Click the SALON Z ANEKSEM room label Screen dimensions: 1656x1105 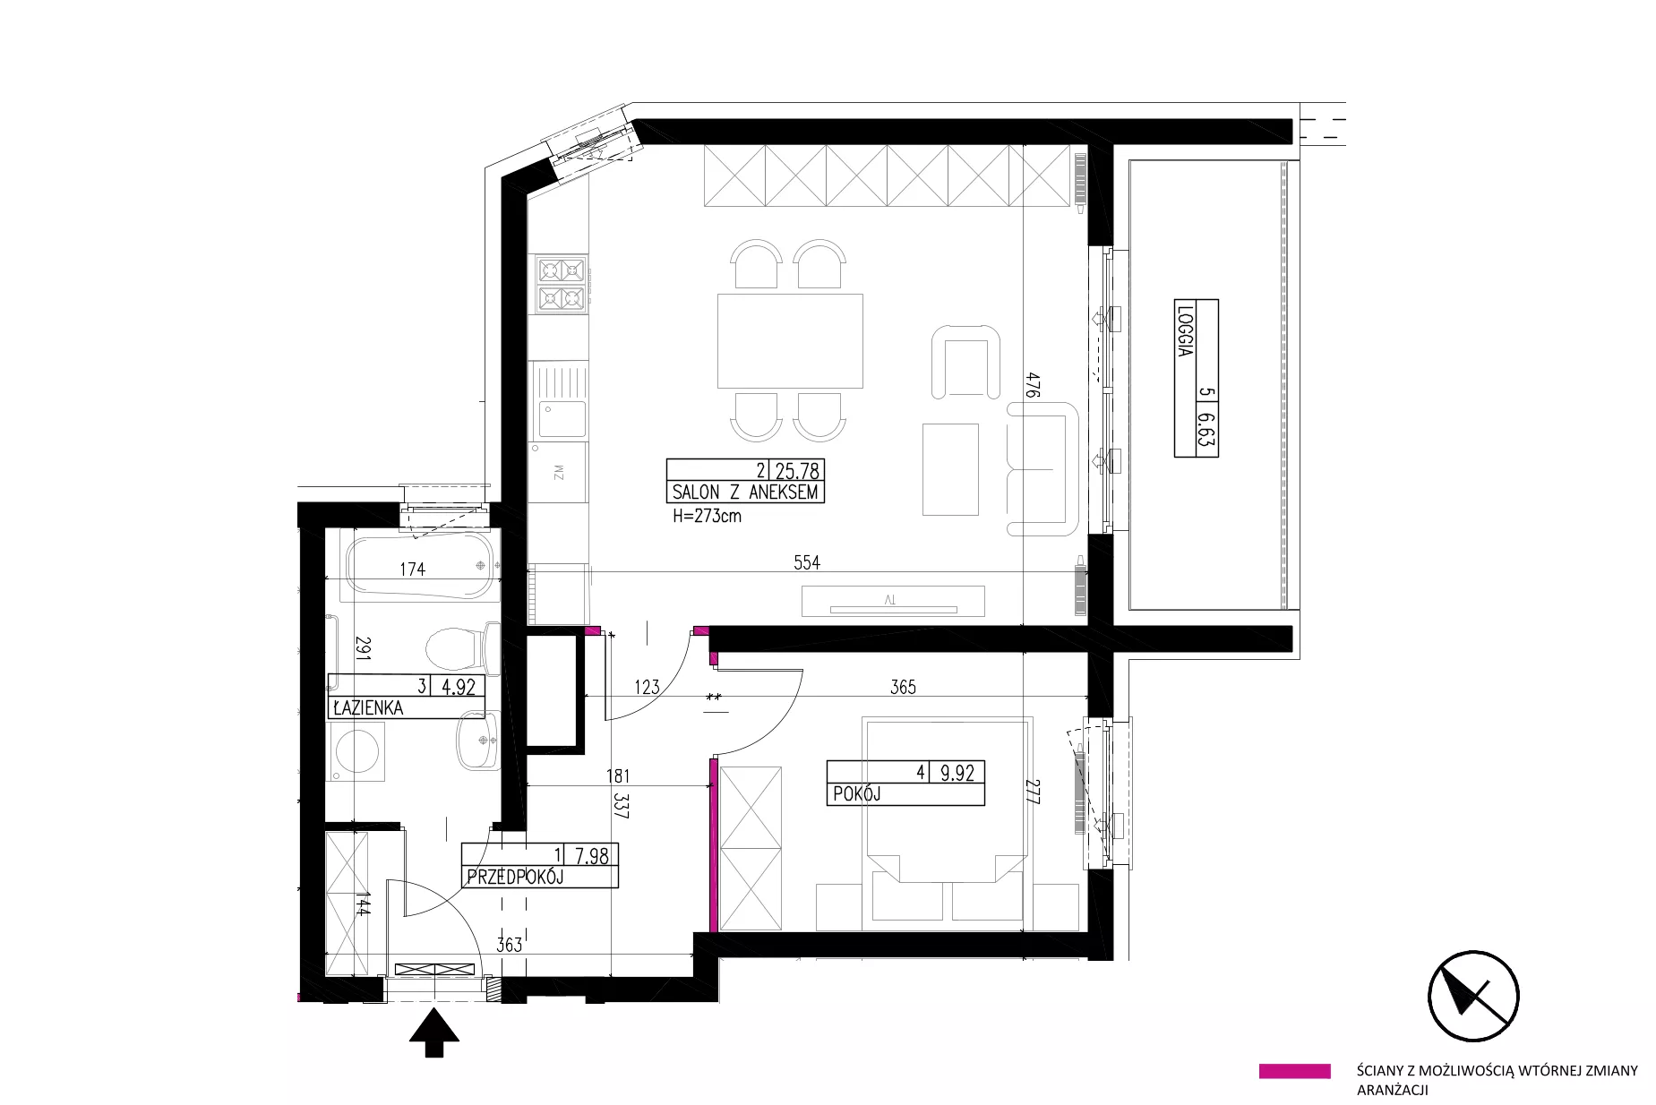(745, 492)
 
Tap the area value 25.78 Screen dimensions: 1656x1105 (798, 470)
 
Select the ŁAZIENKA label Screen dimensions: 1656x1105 (367, 707)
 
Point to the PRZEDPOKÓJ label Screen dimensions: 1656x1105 (514, 877)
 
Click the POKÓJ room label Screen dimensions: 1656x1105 (858, 793)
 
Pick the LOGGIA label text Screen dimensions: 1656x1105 (1185, 332)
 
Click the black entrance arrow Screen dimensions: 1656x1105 (434, 1032)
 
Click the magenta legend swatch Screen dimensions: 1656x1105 (1294, 1071)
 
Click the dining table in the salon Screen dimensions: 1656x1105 (790, 340)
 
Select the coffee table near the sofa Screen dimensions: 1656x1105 (950, 469)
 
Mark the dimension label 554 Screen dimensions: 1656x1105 (806, 562)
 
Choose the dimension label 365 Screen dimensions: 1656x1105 (903, 687)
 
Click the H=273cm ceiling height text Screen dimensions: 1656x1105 (707, 516)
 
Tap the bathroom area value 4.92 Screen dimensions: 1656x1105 (459, 687)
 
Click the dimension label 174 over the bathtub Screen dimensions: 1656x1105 (412, 569)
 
